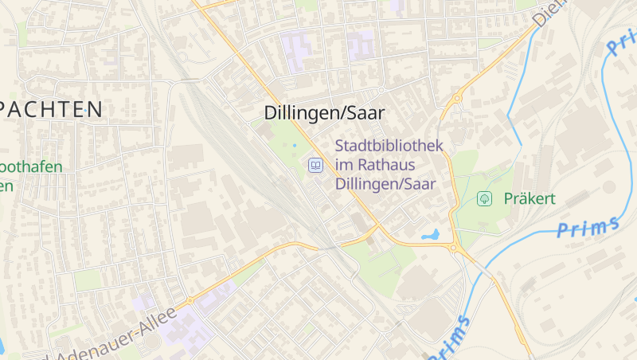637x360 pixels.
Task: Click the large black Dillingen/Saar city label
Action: [x=324, y=114]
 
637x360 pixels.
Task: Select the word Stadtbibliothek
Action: [x=389, y=147]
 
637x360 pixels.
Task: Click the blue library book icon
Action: [x=316, y=166]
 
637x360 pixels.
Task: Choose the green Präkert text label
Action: [x=529, y=198]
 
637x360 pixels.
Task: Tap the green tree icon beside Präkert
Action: [x=483, y=198]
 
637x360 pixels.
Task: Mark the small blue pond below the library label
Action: [x=431, y=236]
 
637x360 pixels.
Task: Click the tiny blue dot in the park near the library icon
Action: [x=294, y=146]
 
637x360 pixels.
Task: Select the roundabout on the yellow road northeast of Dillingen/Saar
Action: [x=457, y=99]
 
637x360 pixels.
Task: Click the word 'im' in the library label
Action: [x=344, y=165]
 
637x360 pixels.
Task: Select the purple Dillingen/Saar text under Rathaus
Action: [x=385, y=184]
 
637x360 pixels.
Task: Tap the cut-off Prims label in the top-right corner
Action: [x=620, y=40]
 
